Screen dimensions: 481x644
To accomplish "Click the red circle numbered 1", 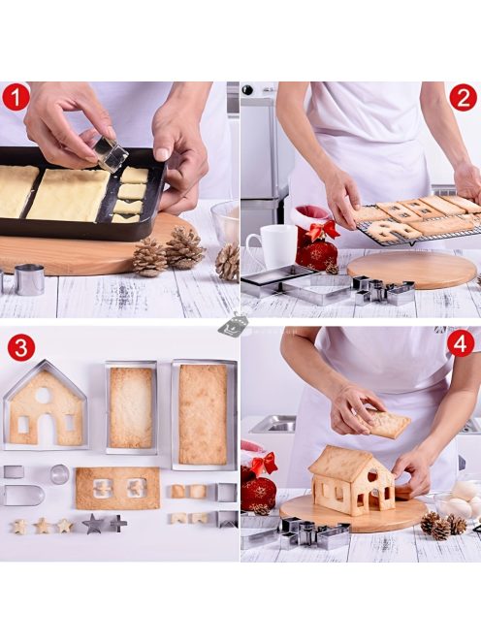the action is pos(16,97).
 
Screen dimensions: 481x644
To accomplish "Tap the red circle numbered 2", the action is pos(463,98).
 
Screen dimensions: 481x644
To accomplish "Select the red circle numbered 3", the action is pos(20,347).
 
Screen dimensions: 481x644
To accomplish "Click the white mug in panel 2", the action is pos(272,245).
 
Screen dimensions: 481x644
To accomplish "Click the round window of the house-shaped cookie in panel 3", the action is pos(43,396).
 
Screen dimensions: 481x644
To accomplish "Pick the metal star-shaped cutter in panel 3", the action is pos(94,524).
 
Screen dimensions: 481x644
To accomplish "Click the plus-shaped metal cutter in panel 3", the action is pos(118,524).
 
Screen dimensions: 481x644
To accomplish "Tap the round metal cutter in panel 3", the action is pos(59,474).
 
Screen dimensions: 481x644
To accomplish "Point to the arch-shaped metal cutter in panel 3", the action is pos(23,496).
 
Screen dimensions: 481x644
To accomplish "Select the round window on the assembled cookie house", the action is pos(373,476).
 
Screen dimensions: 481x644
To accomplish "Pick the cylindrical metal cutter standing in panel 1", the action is pos(29,279).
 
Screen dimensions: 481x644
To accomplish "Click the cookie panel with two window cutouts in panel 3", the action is pos(117,488).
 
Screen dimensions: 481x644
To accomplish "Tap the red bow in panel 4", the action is pos(264,464).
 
